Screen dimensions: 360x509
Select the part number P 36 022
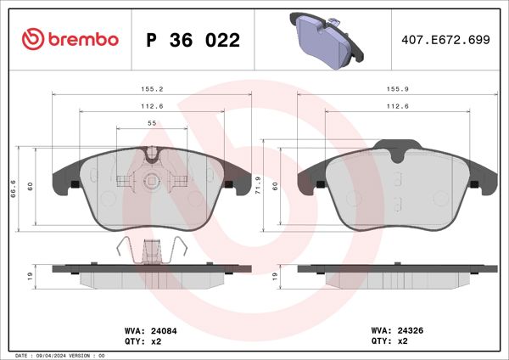click(x=193, y=40)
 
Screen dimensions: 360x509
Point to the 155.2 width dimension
click(x=153, y=87)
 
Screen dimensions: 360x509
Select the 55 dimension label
click(x=152, y=123)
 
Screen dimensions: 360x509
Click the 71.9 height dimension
click(x=258, y=184)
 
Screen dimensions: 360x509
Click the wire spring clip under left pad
click(x=152, y=251)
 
